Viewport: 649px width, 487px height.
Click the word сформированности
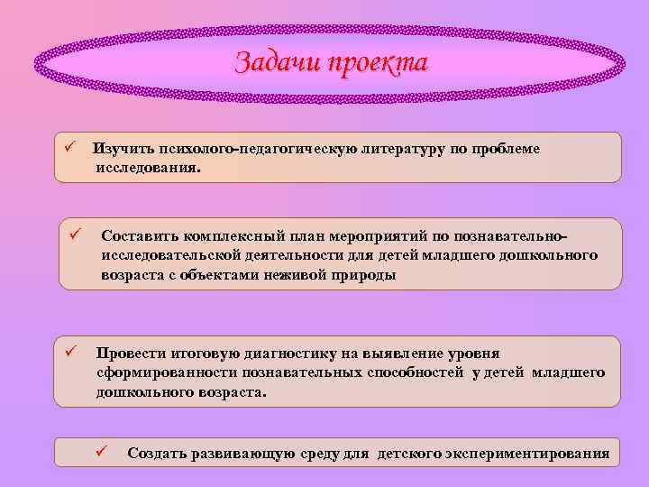[167, 373]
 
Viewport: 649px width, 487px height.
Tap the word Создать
[157, 453]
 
